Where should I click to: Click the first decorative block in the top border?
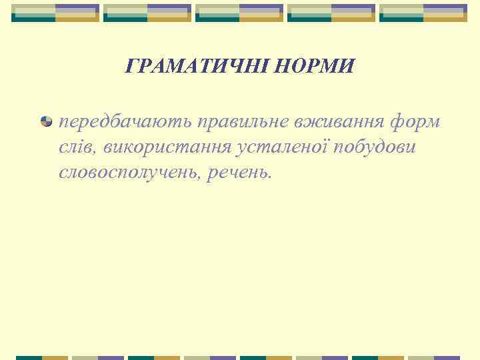coord(56,13)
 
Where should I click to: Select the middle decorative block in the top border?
coord(239,13)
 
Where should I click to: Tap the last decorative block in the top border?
coord(423,13)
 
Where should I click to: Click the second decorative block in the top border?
coord(147,13)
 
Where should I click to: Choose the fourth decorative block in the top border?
coord(331,13)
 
